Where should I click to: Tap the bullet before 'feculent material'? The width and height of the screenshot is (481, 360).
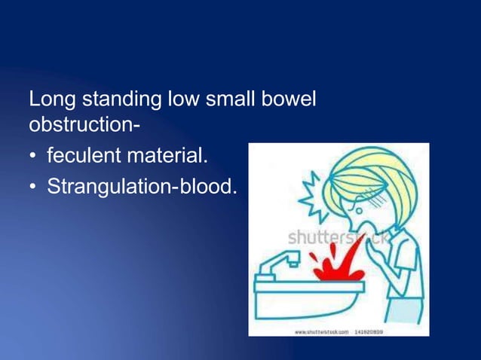33,158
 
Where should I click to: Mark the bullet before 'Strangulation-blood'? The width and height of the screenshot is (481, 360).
33,186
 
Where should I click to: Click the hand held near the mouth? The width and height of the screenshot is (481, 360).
369,245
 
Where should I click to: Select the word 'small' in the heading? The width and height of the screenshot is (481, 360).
229,99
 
